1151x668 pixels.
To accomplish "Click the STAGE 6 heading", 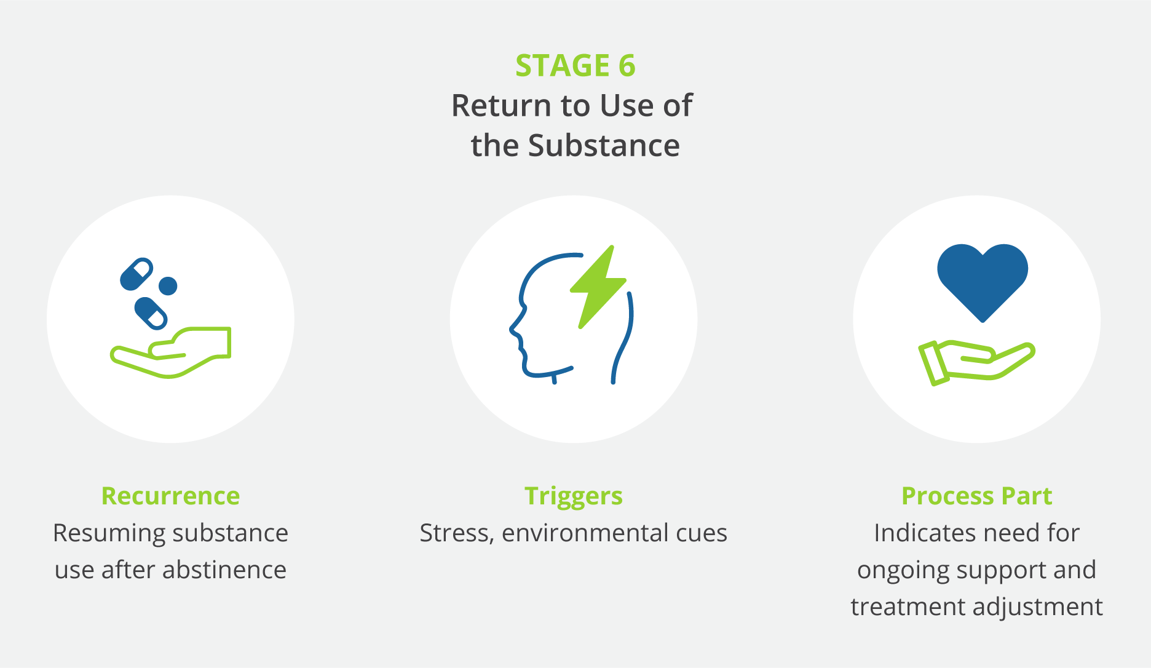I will (x=575, y=66).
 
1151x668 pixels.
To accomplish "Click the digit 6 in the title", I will (x=627, y=66).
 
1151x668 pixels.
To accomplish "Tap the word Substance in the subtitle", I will (x=604, y=146).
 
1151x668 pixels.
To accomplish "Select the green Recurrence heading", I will (x=170, y=496).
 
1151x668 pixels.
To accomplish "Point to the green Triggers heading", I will (x=573, y=496).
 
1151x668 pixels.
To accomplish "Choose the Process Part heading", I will (x=976, y=496).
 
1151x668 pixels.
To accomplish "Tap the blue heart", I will (x=982, y=277).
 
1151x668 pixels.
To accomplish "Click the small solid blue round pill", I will (x=168, y=286).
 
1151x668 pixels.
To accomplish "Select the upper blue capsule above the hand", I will (x=136, y=274).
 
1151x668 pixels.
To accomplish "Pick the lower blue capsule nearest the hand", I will (x=151, y=313).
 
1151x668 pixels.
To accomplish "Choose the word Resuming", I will (x=99, y=533).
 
